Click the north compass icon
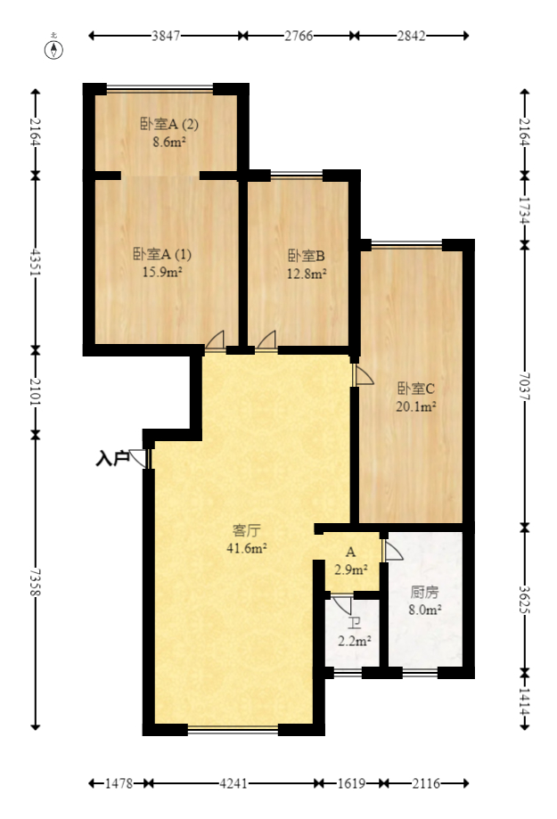tap(55, 48)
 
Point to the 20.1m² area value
tap(415, 406)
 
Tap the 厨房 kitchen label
tap(424, 593)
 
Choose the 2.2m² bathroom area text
tap(355, 640)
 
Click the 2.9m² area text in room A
tap(351, 569)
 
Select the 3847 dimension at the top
tap(166, 37)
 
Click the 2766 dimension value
tap(299, 37)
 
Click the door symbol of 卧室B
tap(266, 339)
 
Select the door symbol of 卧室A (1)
tap(215, 339)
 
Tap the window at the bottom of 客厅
tap(233, 730)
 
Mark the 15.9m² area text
tap(162, 272)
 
